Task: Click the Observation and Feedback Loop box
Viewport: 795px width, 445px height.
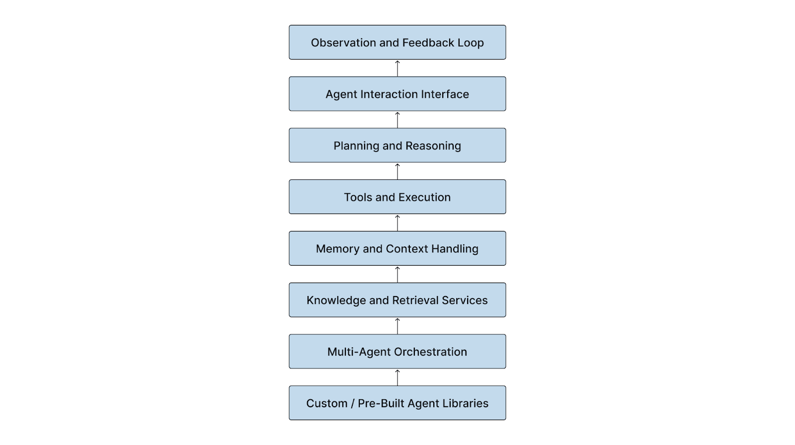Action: coord(397,43)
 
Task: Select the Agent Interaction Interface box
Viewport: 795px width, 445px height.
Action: coord(397,94)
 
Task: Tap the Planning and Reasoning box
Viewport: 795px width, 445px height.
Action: coord(397,146)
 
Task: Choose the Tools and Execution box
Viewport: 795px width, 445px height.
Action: coord(397,197)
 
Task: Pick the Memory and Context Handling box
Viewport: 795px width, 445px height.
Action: coord(397,248)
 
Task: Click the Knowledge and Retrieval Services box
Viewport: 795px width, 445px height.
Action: coord(397,300)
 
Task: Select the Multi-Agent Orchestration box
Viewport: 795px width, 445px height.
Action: coord(397,352)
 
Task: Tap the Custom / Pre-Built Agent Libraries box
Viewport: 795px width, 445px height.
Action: coord(397,403)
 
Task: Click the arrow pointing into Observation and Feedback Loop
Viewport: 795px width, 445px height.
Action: coord(397,68)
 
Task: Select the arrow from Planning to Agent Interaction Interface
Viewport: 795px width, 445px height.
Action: coord(397,120)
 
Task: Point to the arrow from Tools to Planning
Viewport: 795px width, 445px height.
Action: coord(397,171)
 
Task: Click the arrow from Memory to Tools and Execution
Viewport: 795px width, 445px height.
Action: coord(397,222)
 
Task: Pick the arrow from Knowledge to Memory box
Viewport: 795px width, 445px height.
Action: coord(397,274)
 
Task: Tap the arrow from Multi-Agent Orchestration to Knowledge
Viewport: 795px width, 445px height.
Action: coord(397,326)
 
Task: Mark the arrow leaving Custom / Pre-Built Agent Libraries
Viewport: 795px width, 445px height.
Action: coord(397,377)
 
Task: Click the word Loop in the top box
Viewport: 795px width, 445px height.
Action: coord(471,43)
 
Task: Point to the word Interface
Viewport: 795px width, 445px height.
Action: coord(445,94)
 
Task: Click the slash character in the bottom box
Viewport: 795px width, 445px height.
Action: coord(352,403)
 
